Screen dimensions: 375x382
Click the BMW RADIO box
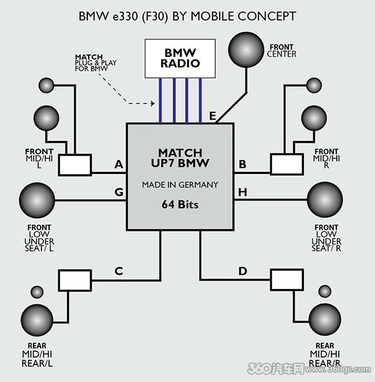pyautogui.click(x=180, y=58)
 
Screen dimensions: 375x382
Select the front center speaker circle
pyautogui.click(x=246, y=50)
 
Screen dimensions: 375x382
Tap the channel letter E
pyautogui.click(x=213, y=116)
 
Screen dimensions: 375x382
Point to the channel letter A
pyautogui.click(x=119, y=164)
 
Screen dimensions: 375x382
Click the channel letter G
pyautogui.click(x=119, y=192)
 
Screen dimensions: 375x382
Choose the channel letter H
pyautogui.click(x=242, y=192)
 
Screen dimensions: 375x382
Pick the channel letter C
pyautogui.click(x=119, y=271)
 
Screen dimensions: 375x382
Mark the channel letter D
pyautogui.click(x=242, y=271)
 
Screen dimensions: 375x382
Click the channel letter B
pyautogui.click(x=242, y=164)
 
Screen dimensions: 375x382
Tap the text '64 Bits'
pyautogui.click(x=180, y=204)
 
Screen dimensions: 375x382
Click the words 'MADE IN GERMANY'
pyautogui.click(x=180, y=185)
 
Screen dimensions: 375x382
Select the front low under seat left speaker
pyautogui.click(x=37, y=200)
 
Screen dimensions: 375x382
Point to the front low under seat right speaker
pyautogui.click(x=325, y=200)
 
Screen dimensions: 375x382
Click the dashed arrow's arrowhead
pyautogui.click(x=153, y=103)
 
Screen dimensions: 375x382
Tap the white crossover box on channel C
pyautogui.click(x=75, y=280)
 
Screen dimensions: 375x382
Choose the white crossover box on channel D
pyautogui.click(x=287, y=280)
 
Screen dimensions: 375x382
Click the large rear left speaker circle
pyautogui.click(x=37, y=320)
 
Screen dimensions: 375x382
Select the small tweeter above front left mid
pyautogui.click(x=47, y=85)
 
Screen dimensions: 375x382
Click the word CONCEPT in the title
pyautogui.click(x=266, y=16)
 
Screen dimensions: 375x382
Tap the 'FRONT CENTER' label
pyautogui.click(x=281, y=50)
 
